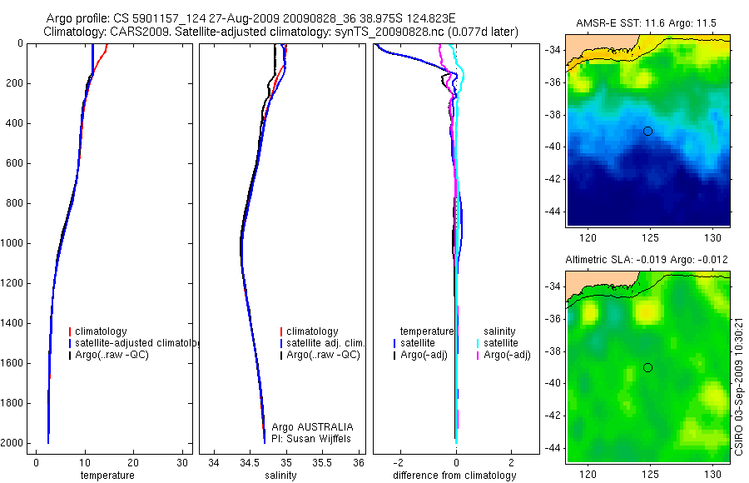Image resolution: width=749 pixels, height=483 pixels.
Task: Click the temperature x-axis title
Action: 107,476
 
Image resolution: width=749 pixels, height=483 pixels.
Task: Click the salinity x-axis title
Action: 281,476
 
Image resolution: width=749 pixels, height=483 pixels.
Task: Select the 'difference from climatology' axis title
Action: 454,476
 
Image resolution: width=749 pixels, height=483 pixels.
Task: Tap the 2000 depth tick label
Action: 12,443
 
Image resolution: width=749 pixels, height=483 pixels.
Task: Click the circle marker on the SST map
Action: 647,131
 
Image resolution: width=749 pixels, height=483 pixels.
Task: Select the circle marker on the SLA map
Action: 647,367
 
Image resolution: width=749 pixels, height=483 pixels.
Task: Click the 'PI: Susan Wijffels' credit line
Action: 312,439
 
